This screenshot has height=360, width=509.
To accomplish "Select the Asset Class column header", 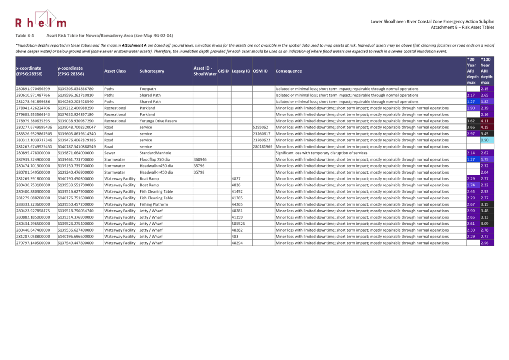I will coord(115,71).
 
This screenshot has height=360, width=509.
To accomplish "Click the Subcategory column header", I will coord(152,71).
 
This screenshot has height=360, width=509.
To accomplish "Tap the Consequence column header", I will coord(289,71).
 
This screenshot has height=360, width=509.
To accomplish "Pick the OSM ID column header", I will coord(260,71).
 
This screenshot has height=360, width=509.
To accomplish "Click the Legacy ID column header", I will coord(241,71).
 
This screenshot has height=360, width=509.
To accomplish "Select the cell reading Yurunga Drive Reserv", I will coord(158,121).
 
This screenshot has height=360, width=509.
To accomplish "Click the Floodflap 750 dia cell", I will coord(155,159).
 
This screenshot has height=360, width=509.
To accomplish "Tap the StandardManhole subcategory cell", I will coord(155,153).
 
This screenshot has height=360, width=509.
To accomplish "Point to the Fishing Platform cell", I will coord(154,204).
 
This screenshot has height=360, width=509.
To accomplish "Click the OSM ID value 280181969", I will coord(263,146).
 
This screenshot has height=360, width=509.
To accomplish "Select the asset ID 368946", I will coord(200,159).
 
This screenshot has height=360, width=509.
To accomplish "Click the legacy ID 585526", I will coord(238,224).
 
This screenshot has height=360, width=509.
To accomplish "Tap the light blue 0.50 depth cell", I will coord(485,140).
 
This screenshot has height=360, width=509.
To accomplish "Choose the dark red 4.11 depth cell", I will coord(485,121).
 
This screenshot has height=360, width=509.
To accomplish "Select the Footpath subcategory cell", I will coord(148,89).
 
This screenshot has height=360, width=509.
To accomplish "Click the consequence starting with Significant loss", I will coord(321,153).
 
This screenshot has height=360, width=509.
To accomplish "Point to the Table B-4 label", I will coord(24,36).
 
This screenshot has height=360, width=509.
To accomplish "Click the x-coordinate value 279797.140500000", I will coord(33,243).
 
